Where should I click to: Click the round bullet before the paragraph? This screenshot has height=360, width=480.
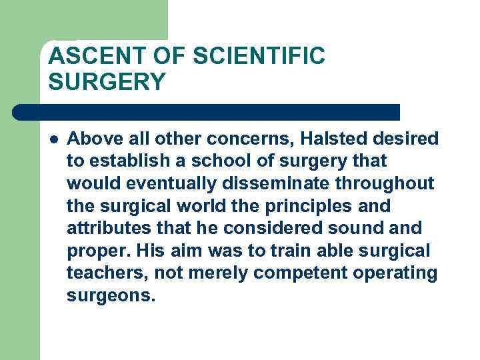coord(53,139)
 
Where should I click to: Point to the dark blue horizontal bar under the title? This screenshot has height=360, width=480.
coord(207,112)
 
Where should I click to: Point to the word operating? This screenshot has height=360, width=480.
coord(394,273)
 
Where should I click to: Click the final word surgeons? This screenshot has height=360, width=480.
coord(111,296)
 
